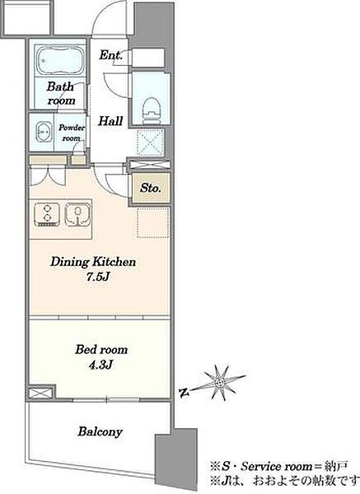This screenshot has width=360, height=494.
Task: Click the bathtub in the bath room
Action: [x=60, y=60]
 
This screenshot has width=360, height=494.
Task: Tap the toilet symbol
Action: [x=151, y=110]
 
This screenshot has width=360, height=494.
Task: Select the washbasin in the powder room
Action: [x=44, y=132]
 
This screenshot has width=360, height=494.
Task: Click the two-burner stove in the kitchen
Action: [x=47, y=215]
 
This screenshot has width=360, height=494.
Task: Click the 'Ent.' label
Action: [x=110, y=55]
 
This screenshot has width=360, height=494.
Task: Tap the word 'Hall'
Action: [x=110, y=121]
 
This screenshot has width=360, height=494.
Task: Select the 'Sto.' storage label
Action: [x=151, y=188]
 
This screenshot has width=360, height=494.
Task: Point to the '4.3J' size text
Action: [x=101, y=365]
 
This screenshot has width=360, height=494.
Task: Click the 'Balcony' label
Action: [x=100, y=431]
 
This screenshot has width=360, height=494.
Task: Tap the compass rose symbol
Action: [x=219, y=383]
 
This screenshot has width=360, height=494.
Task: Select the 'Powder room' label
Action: [x=72, y=133]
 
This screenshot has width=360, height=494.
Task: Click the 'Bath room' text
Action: [x=60, y=93]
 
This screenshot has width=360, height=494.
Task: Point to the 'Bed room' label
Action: [x=101, y=349]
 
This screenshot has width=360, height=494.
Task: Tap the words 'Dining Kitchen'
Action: [x=93, y=262]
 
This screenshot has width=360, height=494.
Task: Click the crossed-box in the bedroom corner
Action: [x=40, y=394]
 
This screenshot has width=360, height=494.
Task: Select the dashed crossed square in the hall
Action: [x=151, y=142]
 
